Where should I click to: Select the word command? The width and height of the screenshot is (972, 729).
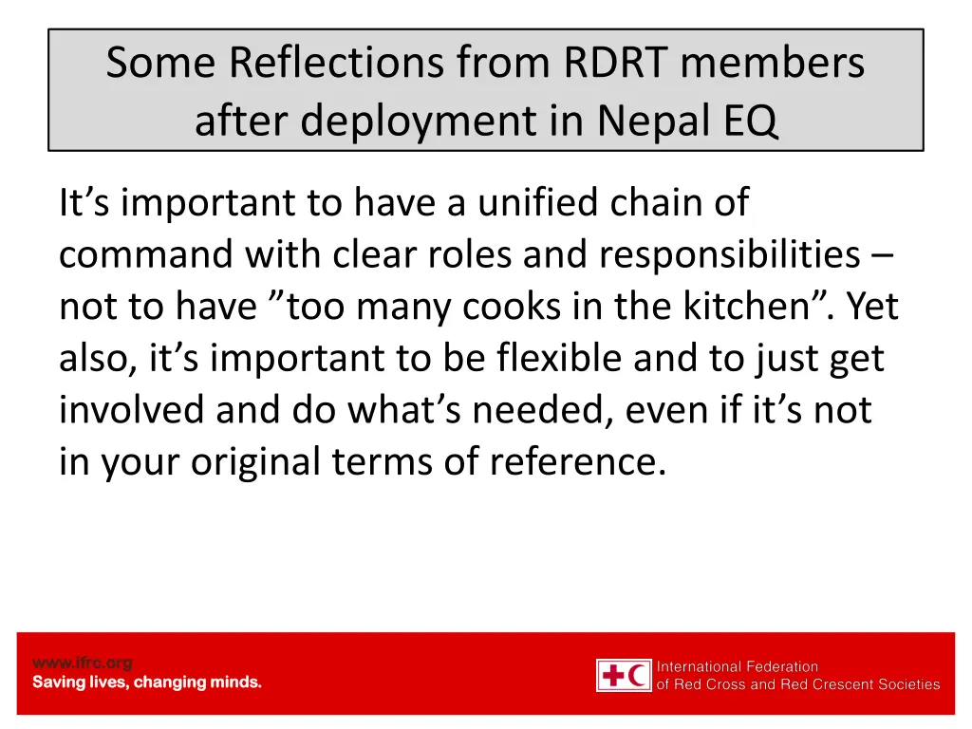click(145, 255)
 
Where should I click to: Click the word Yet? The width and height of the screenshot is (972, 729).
click(871, 307)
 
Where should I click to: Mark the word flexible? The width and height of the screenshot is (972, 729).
click(550, 359)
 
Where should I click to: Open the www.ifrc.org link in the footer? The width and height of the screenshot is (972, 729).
click(83, 663)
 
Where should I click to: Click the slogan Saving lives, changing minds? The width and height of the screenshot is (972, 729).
click(147, 682)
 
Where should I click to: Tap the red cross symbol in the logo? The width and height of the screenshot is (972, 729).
click(613, 676)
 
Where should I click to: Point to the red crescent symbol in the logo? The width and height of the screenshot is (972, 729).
click(639, 676)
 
